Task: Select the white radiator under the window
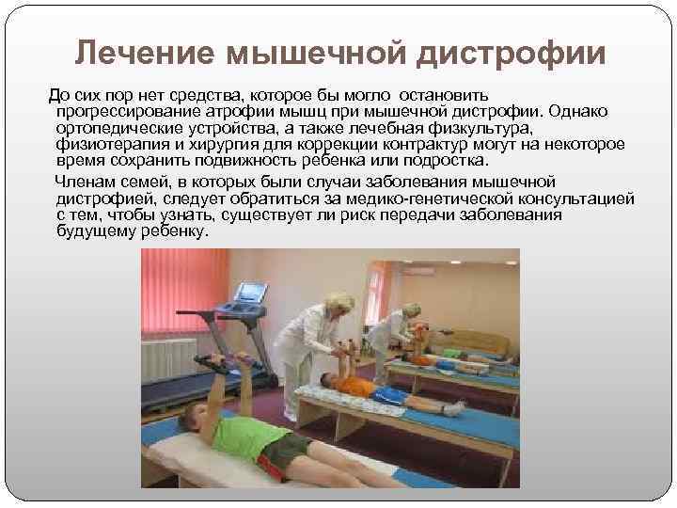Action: (x=168, y=361)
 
